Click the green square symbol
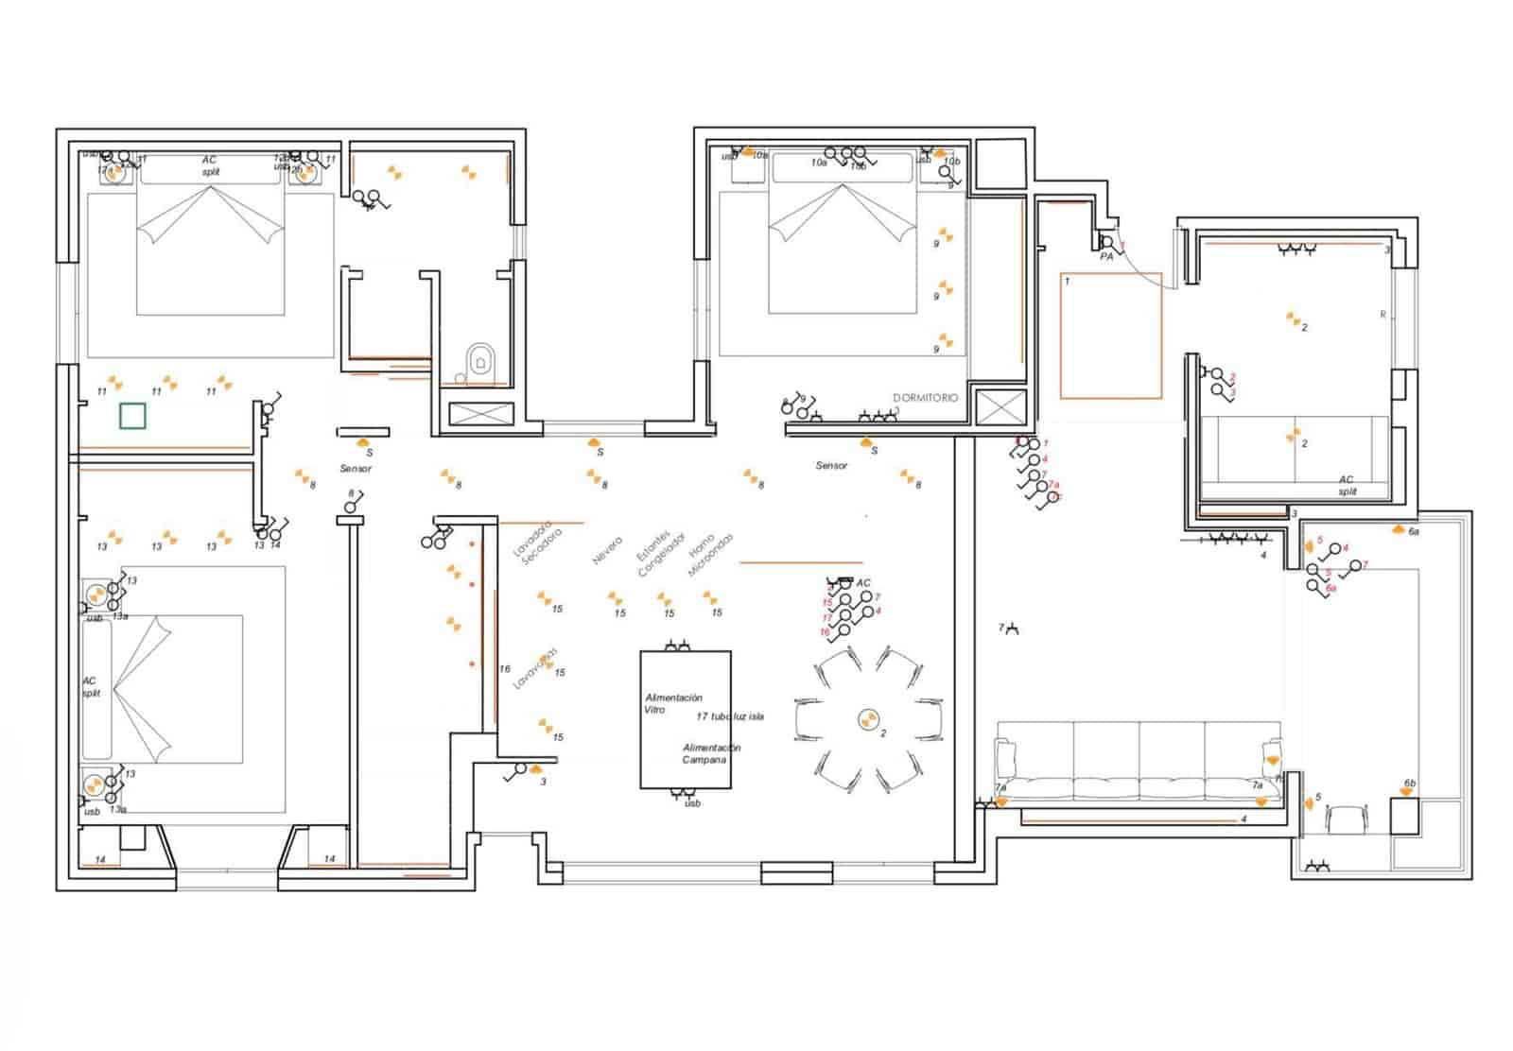pyautogui.click(x=132, y=416)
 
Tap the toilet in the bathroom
pyautogui.click(x=480, y=360)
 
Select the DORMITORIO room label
pyautogui.click(x=925, y=398)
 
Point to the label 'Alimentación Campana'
pyautogui.click(x=711, y=753)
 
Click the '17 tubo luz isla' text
pyautogui.click(x=730, y=716)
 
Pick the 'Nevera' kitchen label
pyautogui.click(x=607, y=551)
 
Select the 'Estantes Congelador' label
pyautogui.click(x=659, y=553)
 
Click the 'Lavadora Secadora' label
pyautogui.click(x=536, y=543)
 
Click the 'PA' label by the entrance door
pyautogui.click(x=1106, y=257)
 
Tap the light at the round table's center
pyautogui.click(x=867, y=720)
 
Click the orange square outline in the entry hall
pyautogui.click(x=1110, y=336)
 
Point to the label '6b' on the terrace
pyautogui.click(x=1410, y=784)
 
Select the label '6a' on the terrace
pyautogui.click(x=1414, y=532)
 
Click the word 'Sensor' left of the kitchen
pyautogui.click(x=356, y=469)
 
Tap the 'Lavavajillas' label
pyautogui.click(x=534, y=669)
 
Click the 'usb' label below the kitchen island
pyautogui.click(x=692, y=803)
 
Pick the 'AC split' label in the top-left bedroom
pyautogui.click(x=210, y=166)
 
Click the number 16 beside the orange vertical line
pyautogui.click(x=505, y=669)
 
